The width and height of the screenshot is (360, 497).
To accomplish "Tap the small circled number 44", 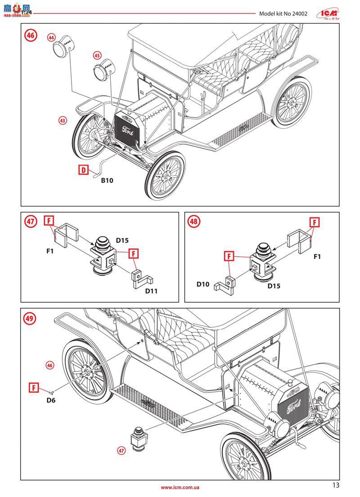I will click(x=51, y=37).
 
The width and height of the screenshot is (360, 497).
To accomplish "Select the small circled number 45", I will click(x=97, y=55).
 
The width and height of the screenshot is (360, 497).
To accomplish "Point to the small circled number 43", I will click(x=63, y=120).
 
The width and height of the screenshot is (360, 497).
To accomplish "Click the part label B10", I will click(x=107, y=181).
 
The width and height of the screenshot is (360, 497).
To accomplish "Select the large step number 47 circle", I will click(x=31, y=222).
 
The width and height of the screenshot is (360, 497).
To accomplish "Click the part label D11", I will click(x=151, y=291).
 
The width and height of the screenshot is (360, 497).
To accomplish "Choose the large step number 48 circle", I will click(x=195, y=222).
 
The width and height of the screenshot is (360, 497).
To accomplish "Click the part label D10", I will click(x=203, y=284).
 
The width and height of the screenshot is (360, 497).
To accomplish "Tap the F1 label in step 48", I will click(x=317, y=257).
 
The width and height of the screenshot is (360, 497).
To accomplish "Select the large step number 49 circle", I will click(x=31, y=318).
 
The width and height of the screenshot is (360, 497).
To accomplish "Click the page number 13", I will click(x=336, y=485).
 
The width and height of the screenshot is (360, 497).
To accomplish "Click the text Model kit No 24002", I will click(x=283, y=14).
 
